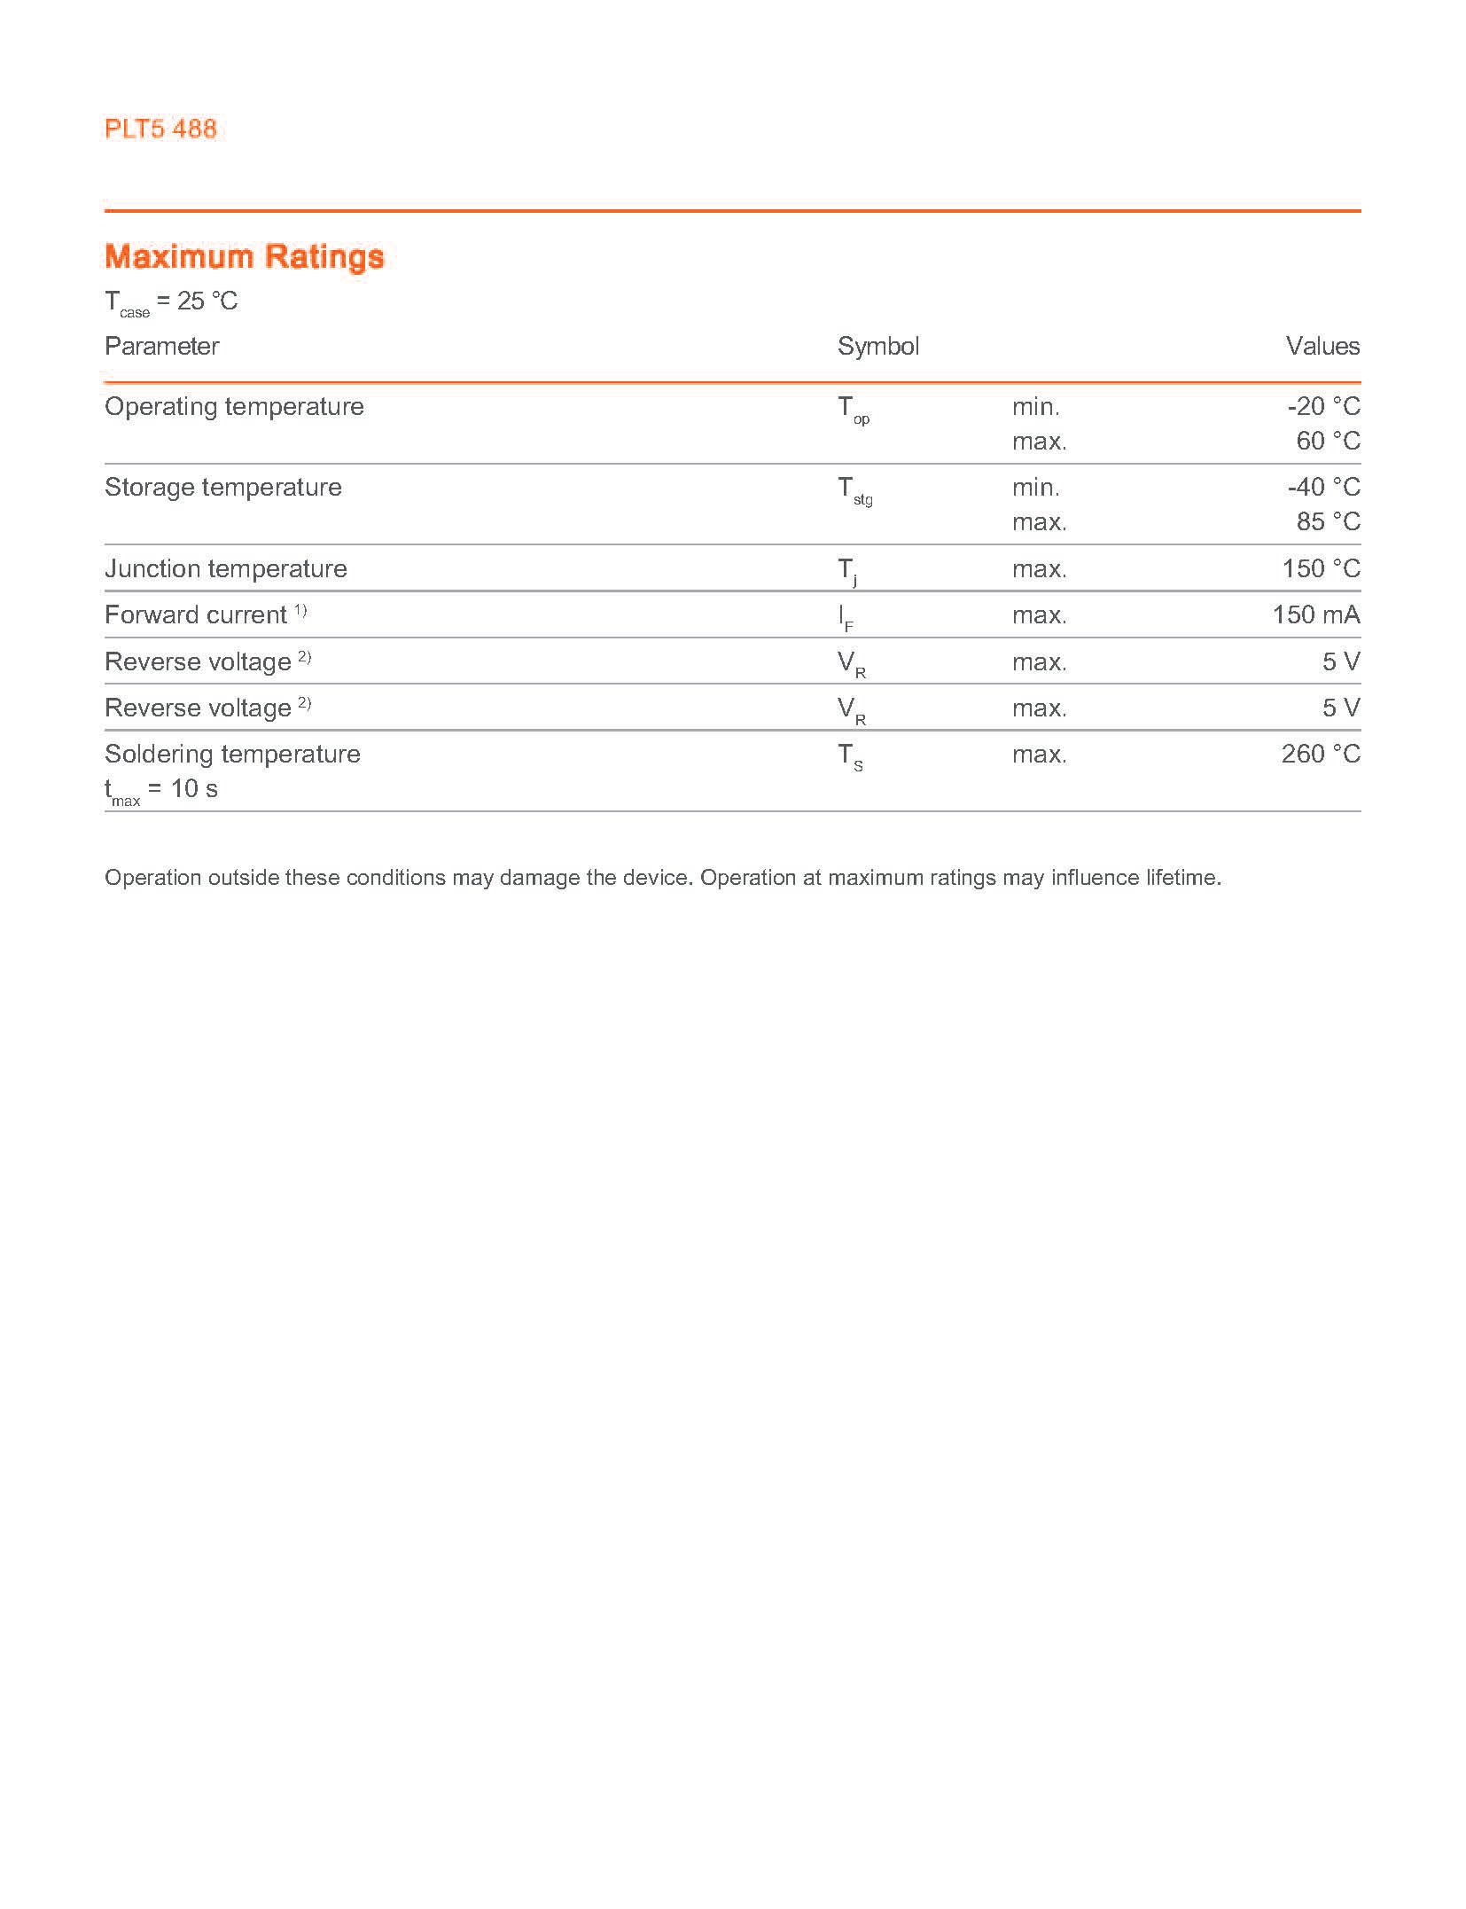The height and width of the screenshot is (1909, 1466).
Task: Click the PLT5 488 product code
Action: (160, 129)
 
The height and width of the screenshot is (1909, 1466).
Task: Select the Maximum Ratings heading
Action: (244, 256)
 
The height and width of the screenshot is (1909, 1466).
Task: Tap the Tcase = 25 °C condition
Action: (171, 302)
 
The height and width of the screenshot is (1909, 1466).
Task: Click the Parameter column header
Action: (161, 346)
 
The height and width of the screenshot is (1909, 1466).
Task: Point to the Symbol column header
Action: (877, 346)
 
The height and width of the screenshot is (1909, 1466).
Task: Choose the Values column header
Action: (1322, 346)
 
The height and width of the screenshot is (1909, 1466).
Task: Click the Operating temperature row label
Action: (234, 407)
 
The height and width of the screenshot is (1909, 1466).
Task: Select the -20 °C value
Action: (1323, 407)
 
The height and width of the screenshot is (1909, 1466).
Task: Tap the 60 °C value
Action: (1328, 441)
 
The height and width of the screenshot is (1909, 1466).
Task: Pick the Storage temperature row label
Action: (222, 488)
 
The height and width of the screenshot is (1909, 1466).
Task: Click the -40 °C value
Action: (1323, 488)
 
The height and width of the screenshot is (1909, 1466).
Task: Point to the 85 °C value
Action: (1328, 521)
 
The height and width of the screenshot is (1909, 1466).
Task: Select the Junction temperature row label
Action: (225, 568)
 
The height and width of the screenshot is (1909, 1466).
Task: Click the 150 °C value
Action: (1321, 568)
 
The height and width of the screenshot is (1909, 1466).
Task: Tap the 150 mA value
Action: (1315, 614)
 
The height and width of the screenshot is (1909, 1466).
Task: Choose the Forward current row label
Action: (196, 615)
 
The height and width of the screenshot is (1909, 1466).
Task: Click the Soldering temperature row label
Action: (232, 755)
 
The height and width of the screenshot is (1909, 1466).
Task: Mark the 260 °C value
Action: (1321, 755)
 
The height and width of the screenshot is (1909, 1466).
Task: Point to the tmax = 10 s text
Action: (160, 790)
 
